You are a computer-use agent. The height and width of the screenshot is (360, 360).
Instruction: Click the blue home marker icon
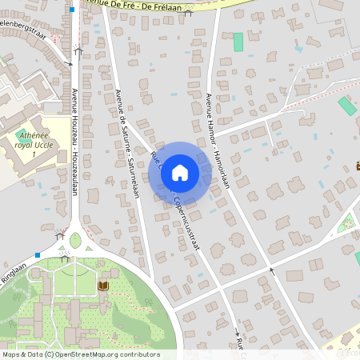click(x=180, y=172)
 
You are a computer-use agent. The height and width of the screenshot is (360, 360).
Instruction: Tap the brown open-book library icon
click(x=103, y=286)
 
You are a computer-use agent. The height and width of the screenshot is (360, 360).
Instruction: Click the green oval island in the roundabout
click(x=75, y=240)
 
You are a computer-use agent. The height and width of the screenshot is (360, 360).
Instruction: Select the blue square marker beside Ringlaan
click(x=37, y=255)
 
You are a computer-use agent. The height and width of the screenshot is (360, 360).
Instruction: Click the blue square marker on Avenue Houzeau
click(x=72, y=10)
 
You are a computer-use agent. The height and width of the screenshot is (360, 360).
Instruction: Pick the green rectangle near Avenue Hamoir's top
click(x=238, y=42)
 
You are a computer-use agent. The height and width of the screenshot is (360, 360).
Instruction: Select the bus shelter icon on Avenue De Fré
click(x=188, y=12)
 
